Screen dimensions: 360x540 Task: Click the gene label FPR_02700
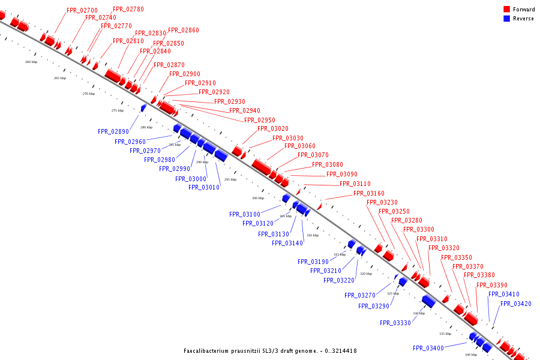pyautogui.click(x=82, y=11)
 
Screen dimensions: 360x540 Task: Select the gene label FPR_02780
pyautogui.click(x=128, y=10)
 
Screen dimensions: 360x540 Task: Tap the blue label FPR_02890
pyautogui.click(x=113, y=131)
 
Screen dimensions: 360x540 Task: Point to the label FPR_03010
pyautogui.click(x=204, y=187)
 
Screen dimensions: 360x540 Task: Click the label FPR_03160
pyautogui.click(x=368, y=193)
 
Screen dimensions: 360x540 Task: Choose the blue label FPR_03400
pyautogui.click(x=428, y=348)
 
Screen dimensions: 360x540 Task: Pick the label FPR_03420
pyautogui.click(x=515, y=304)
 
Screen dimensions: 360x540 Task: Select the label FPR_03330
pyautogui.click(x=395, y=323)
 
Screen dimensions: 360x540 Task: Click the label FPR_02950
pyautogui.click(x=260, y=120)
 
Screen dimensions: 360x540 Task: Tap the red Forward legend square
pyautogui.click(x=506, y=9)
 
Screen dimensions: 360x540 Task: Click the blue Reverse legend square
pyautogui.click(x=506, y=18)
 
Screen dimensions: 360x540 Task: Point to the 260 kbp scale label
pyautogui.click(x=31, y=62)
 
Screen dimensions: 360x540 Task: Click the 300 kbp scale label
pyautogui.click(x=258, y=198)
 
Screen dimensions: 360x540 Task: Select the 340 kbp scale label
pyautogui.click(x=471, y=355)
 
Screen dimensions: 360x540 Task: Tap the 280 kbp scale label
pyautogui.click(x=146, y=127)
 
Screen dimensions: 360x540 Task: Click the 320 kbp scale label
pyautogui.click(x=366, y=274)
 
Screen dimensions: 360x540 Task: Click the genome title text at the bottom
pyautogui.click(x=270, y=350)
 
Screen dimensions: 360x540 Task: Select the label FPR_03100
pyautogui.click(x=245, y=214)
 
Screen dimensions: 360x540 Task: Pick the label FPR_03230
pyautogui.click(x=382, y=203)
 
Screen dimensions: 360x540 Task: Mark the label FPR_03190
pyautogui.click(x=313, y=262)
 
